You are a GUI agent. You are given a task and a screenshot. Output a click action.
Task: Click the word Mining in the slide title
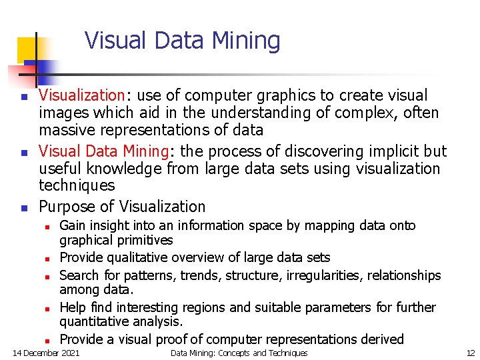coord(245,41)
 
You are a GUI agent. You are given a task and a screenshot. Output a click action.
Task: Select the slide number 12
coord(470,353)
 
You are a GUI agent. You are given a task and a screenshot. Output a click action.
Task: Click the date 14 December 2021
coord(46,353)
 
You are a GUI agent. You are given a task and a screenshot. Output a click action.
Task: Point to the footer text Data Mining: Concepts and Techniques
coord(239,353)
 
